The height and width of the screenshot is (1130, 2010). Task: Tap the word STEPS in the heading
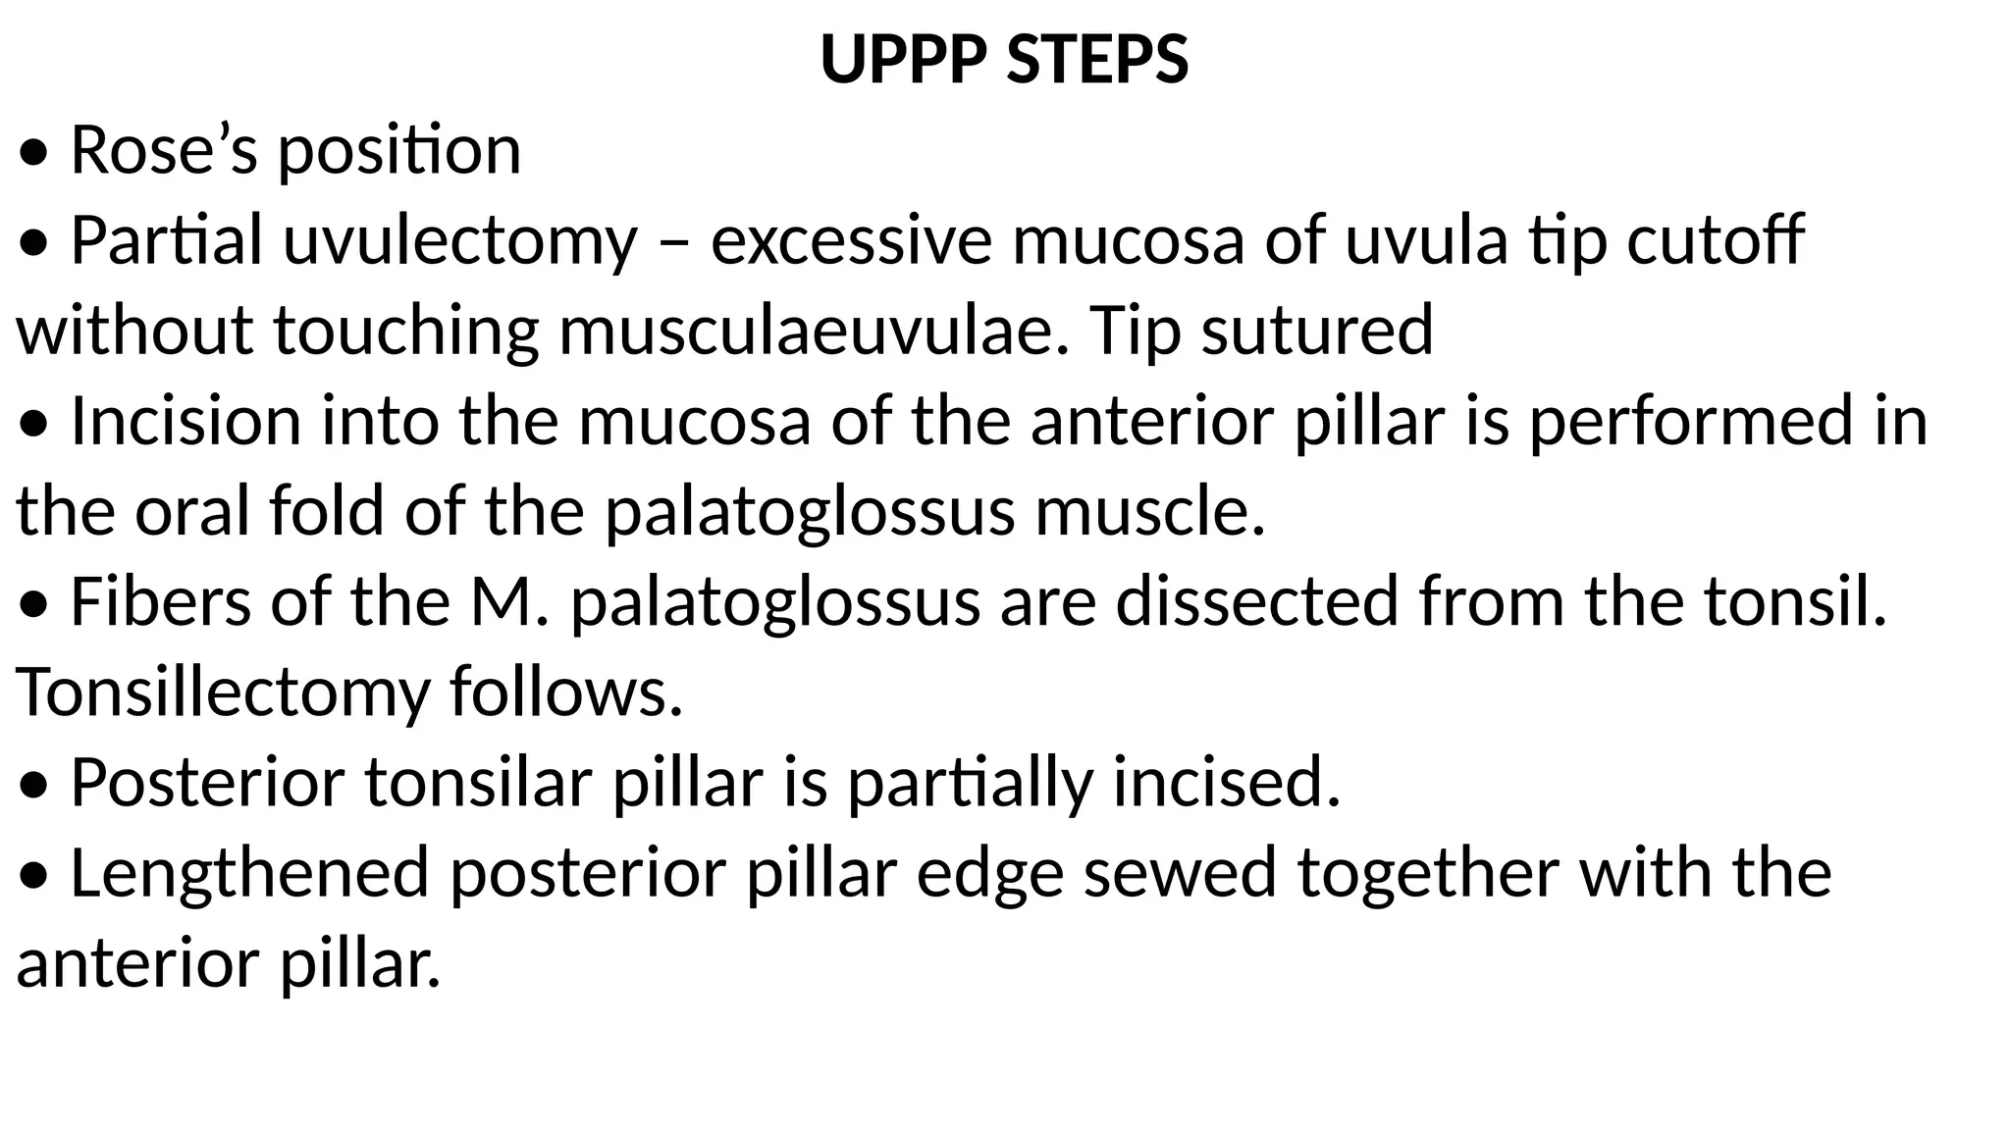pos(1097,60)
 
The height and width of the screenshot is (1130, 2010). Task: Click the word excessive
pos(851,241)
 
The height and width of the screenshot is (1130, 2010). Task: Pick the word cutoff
pos(1715,241)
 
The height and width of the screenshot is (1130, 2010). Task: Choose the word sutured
pos(1317,331)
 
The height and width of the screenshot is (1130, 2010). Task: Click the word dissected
pos(1256,601)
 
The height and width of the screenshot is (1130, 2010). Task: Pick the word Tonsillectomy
pos(224,693)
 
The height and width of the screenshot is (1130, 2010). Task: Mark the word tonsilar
pos(479,783)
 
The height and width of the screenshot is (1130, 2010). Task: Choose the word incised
pos(1226,783)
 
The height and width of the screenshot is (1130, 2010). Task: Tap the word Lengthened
pos(250,873)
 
